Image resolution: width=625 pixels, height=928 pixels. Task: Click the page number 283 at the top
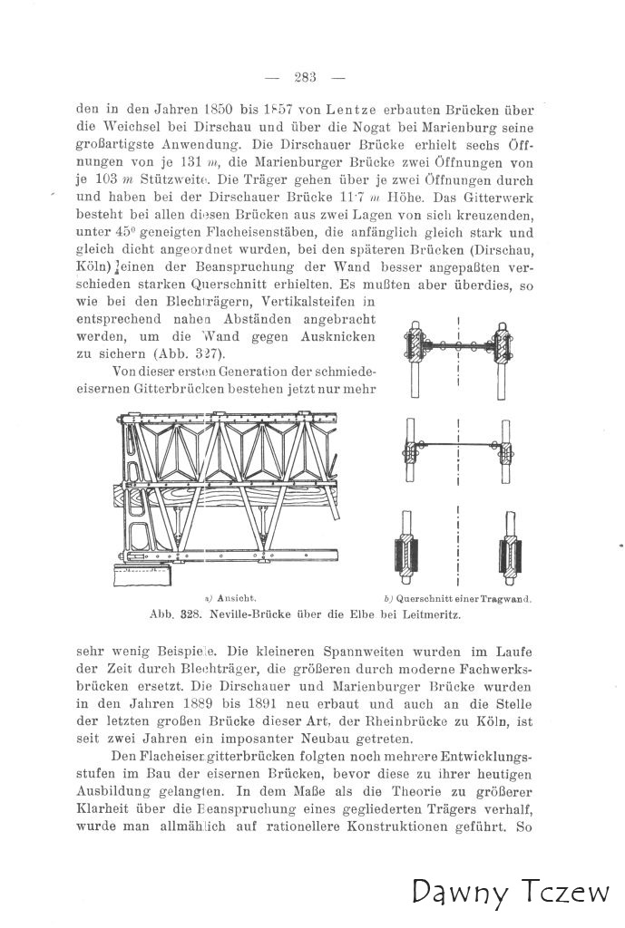[x=304, y=77]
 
